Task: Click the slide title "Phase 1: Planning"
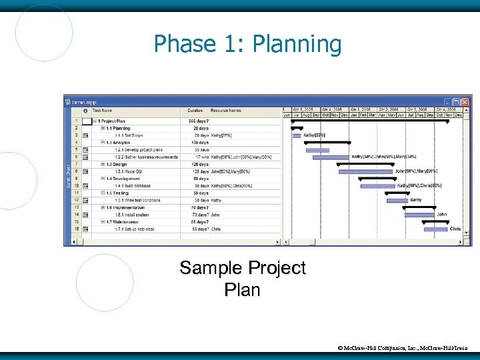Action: (247, 45)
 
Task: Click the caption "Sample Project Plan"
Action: (243, 279)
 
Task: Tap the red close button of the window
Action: (465, 102)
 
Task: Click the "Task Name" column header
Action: (103, 111)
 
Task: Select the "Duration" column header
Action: (195, 111)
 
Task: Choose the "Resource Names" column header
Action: (226, 111)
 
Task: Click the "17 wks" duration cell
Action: (201, 157)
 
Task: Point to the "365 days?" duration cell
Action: (198, 121)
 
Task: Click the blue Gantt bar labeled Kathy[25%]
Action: (297, 135)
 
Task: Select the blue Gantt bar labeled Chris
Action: (435, 229)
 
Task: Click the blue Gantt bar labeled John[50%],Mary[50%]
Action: (365, 171)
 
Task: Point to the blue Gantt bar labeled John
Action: (419, 215)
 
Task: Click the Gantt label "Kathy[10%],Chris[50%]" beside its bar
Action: (419, 186)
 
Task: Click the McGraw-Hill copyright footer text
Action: (407, 347)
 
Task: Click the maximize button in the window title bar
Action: (456, 102)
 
